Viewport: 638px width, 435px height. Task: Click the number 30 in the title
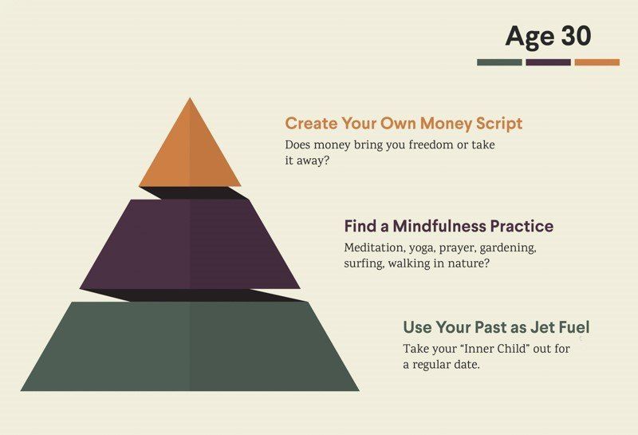576,36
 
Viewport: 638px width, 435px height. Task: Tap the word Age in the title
530,38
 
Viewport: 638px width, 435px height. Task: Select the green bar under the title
499,62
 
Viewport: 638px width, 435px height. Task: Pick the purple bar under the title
548,62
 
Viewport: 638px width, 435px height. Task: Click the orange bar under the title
597,62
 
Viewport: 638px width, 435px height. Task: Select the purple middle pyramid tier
190,244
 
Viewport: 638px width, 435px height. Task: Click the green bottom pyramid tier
190,346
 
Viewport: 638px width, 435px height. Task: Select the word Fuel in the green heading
574,327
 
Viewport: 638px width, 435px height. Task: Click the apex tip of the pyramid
190,97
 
